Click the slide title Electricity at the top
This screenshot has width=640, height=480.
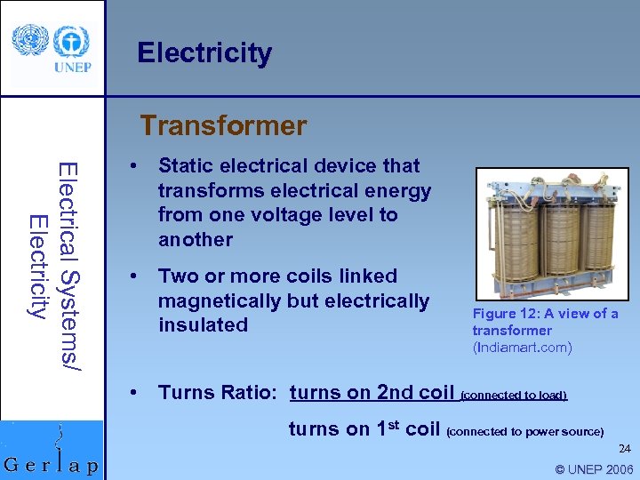(x=204, y=53)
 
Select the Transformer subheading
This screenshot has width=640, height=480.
(x=223, y=125)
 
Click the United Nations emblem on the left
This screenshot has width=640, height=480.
(x=29, y=41)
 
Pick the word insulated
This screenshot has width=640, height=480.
(x=203, y=325)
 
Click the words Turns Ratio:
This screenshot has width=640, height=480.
(x=220, y=392)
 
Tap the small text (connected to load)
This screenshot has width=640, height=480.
(x=513, y=395)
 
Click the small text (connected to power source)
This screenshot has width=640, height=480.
(x=524, y=432)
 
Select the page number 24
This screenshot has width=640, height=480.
(x=625, y=449)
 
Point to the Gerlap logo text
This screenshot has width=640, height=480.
(x=52, y=465)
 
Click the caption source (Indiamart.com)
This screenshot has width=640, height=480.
(x=522, y=348)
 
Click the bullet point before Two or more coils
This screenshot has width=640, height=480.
(x=132, y=276)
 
